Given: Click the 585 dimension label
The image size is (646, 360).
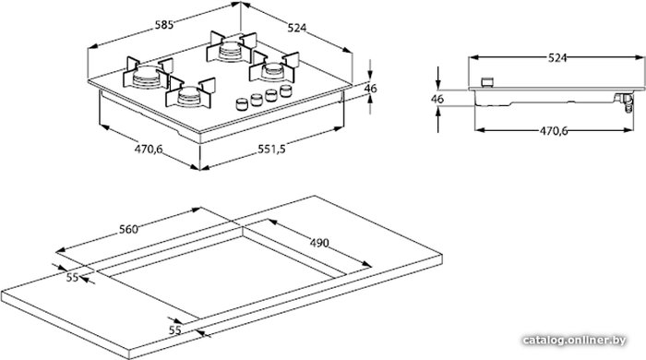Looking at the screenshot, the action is [x=164, y=25].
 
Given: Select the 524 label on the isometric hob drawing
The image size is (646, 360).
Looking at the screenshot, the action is [x=297, y=28].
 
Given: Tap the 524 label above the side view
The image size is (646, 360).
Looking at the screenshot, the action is [x=557, y=58].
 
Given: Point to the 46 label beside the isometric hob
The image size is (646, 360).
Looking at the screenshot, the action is [x=370, y=88].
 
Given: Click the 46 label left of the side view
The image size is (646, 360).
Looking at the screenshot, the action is [x=437, y=99].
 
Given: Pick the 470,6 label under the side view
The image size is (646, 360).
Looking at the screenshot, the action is [x=554, y=131].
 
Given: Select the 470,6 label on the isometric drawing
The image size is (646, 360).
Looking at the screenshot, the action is [x=149, y=149].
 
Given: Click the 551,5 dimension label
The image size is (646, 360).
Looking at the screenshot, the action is [x=272, y=149].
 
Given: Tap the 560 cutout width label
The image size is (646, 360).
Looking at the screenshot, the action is [x=128, y=230].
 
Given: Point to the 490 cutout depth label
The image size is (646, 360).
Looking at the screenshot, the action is [x=319, y=243].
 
